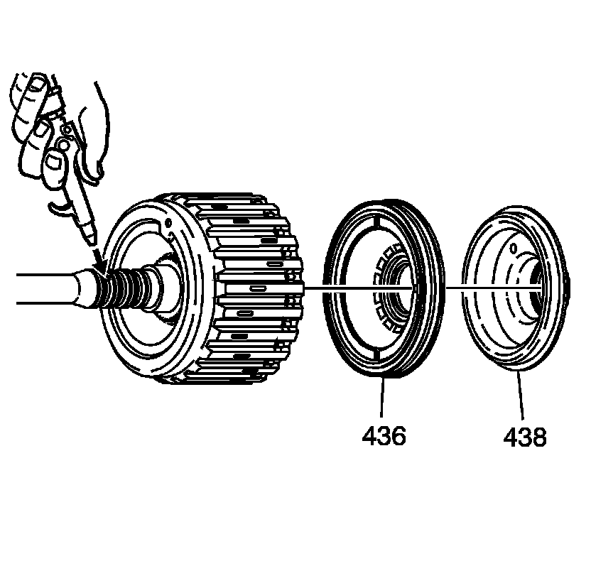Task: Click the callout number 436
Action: coord(384,435)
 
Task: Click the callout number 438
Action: coord(525,436)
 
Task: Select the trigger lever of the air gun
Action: coord(63,205)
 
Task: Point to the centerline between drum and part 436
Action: coord(316,288)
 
